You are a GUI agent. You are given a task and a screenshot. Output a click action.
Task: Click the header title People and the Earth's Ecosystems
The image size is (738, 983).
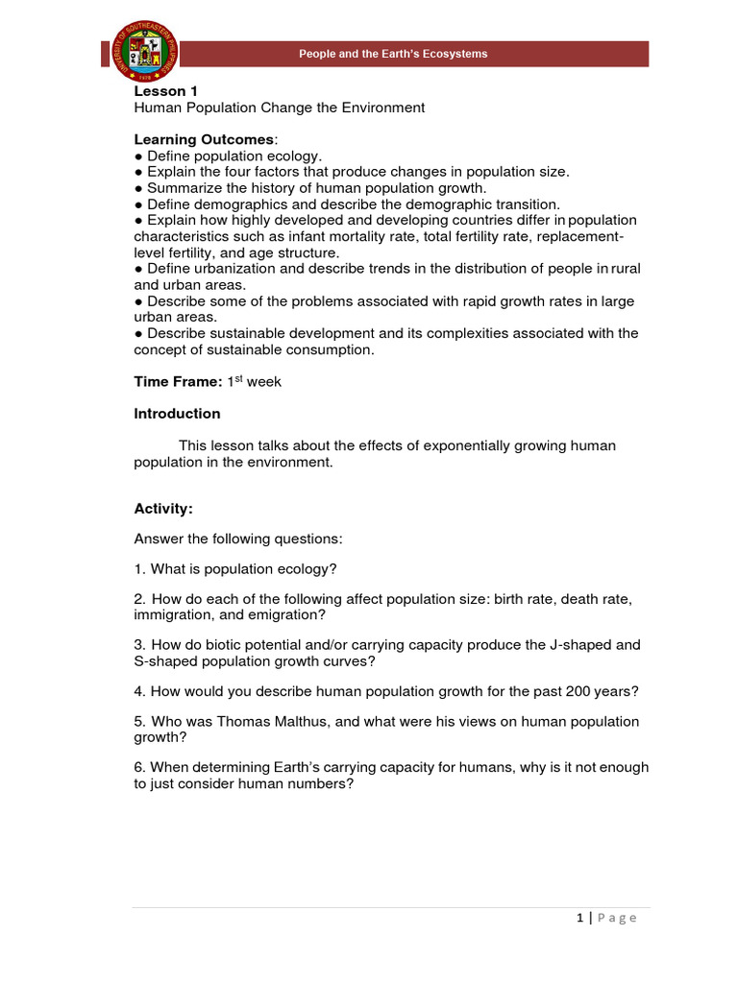pos(393,54)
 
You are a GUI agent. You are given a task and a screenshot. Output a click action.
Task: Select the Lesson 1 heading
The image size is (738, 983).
pos(160,91)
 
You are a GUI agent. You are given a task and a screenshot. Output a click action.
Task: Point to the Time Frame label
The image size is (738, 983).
pos(178,381)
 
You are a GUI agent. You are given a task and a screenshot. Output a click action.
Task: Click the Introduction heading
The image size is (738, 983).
pos(177,414)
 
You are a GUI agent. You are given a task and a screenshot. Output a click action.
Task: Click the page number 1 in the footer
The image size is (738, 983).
pos(580,918)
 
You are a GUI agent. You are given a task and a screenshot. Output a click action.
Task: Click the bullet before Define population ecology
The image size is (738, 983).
pos(138,156)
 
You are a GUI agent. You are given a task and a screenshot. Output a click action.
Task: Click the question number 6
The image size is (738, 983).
pos(139,767)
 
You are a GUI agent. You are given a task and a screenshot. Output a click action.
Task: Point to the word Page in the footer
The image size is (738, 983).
pos(617,918)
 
